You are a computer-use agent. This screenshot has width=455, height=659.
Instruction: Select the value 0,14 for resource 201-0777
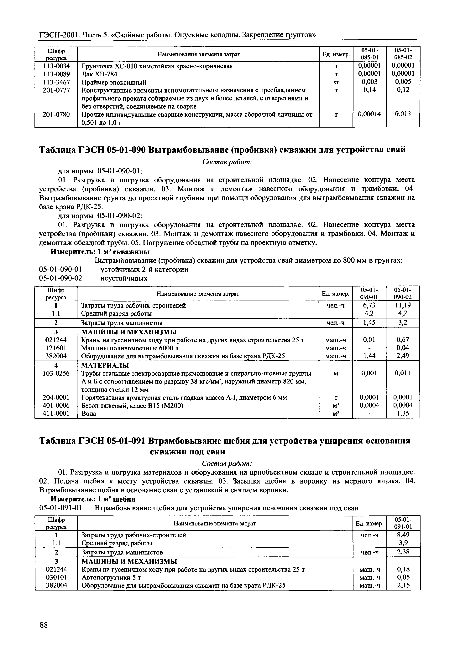369,90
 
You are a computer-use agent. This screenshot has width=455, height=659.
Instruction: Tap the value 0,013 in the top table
403,114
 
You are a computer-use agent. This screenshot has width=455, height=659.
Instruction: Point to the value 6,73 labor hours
369,305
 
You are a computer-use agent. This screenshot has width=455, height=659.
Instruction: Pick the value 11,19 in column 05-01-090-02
403,305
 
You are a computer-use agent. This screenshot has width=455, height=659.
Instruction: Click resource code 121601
56,348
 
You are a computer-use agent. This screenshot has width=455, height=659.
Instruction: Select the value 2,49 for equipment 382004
403,356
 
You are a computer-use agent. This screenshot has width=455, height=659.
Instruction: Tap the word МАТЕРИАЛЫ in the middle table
105,365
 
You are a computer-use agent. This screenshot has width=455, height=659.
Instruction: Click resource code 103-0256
56,373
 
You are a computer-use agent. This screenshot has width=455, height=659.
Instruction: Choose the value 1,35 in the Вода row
403,413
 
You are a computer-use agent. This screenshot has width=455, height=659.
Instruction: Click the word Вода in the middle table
89,413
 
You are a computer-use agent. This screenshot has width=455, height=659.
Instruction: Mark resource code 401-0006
56,405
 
